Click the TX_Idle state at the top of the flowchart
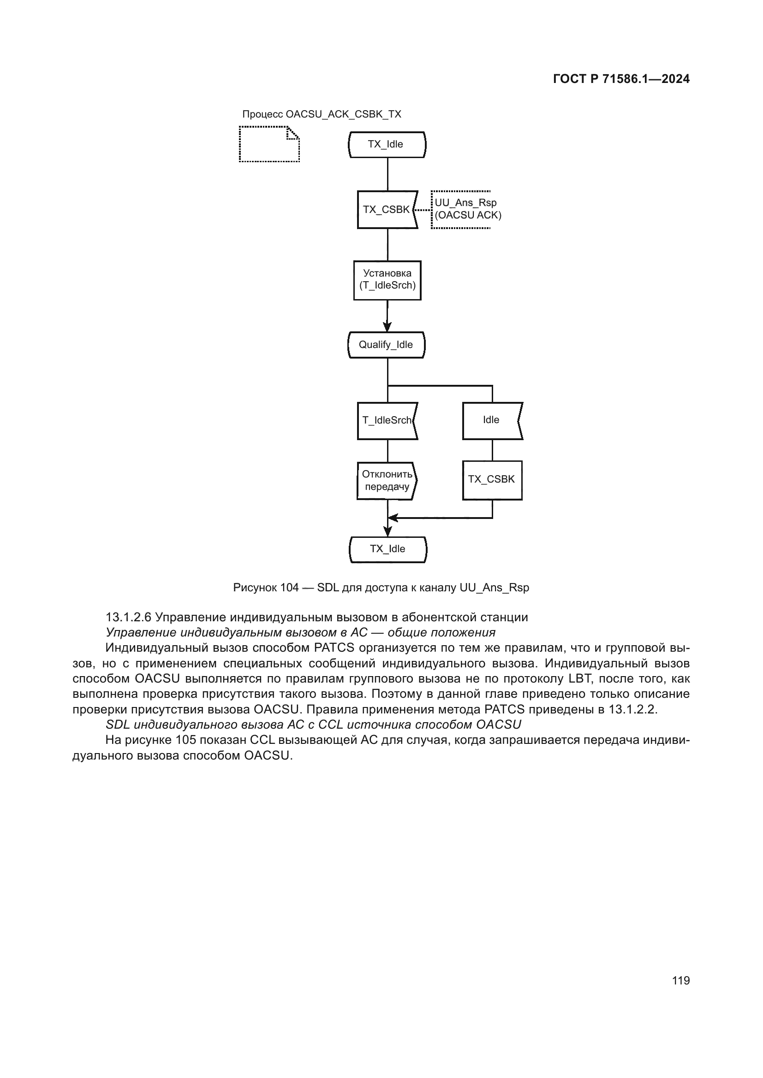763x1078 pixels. [x=387, y=145]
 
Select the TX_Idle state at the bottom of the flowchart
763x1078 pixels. [x=387, y=549]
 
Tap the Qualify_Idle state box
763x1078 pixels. [x=386, y=345]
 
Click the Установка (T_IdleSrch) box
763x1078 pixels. [x=387, y=280]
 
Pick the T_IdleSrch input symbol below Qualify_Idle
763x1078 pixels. [x=387, y=421]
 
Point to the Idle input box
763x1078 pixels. [x=491, y=421]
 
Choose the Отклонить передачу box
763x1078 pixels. [x=387, y=481]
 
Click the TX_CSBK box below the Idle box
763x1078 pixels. [x=492, y=480]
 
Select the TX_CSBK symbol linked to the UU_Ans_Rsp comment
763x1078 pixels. [x=386, y=210]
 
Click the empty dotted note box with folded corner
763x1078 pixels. [x=269, y=144]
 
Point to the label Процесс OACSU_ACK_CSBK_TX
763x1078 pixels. [x=322, y=114]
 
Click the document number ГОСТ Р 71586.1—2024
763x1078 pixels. [x=621, y=79]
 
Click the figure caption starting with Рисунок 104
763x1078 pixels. [x=381, y=588]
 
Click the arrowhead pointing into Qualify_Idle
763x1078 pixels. [x=387, y=327]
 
